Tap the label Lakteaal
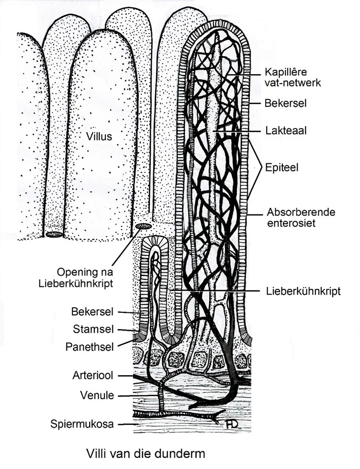point(281,130)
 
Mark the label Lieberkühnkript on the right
point(303,291)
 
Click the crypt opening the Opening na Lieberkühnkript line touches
point(143,226)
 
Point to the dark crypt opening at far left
point(53,235)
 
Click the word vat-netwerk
point(289,82)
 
